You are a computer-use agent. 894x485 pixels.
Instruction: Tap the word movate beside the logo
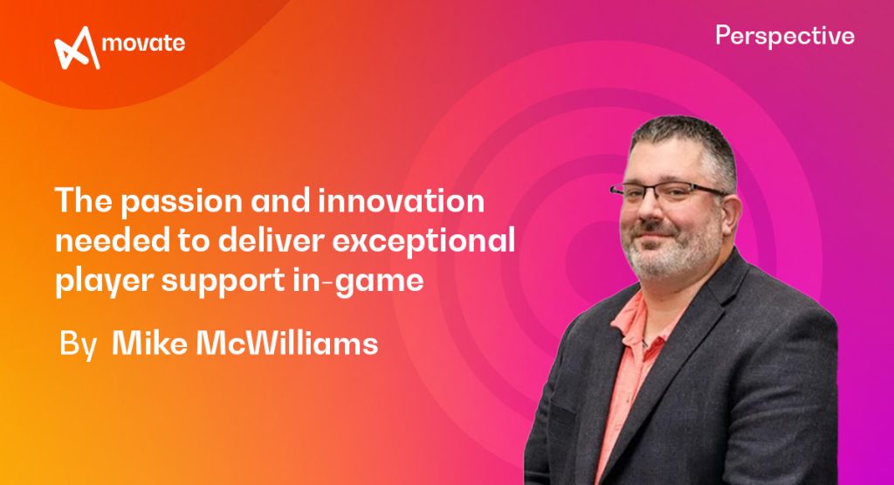click(x=142, y=44)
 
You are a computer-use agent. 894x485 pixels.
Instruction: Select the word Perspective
click(x=784, y=36)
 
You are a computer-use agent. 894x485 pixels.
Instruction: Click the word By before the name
click(x=77, y=343)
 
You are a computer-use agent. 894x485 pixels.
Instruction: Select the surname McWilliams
click(x=285, y=343)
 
